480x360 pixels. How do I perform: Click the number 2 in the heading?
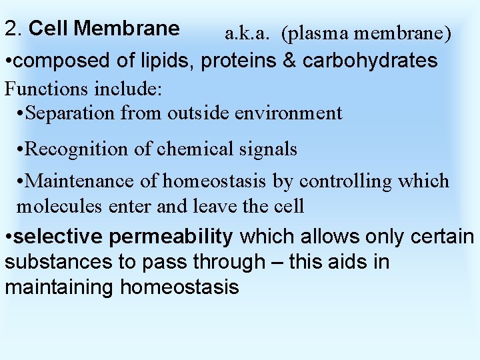11,29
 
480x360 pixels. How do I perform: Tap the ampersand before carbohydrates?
290,61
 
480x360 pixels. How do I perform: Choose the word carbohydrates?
370,61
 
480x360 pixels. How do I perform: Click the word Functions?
47,87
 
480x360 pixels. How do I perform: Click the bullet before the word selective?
7,237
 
